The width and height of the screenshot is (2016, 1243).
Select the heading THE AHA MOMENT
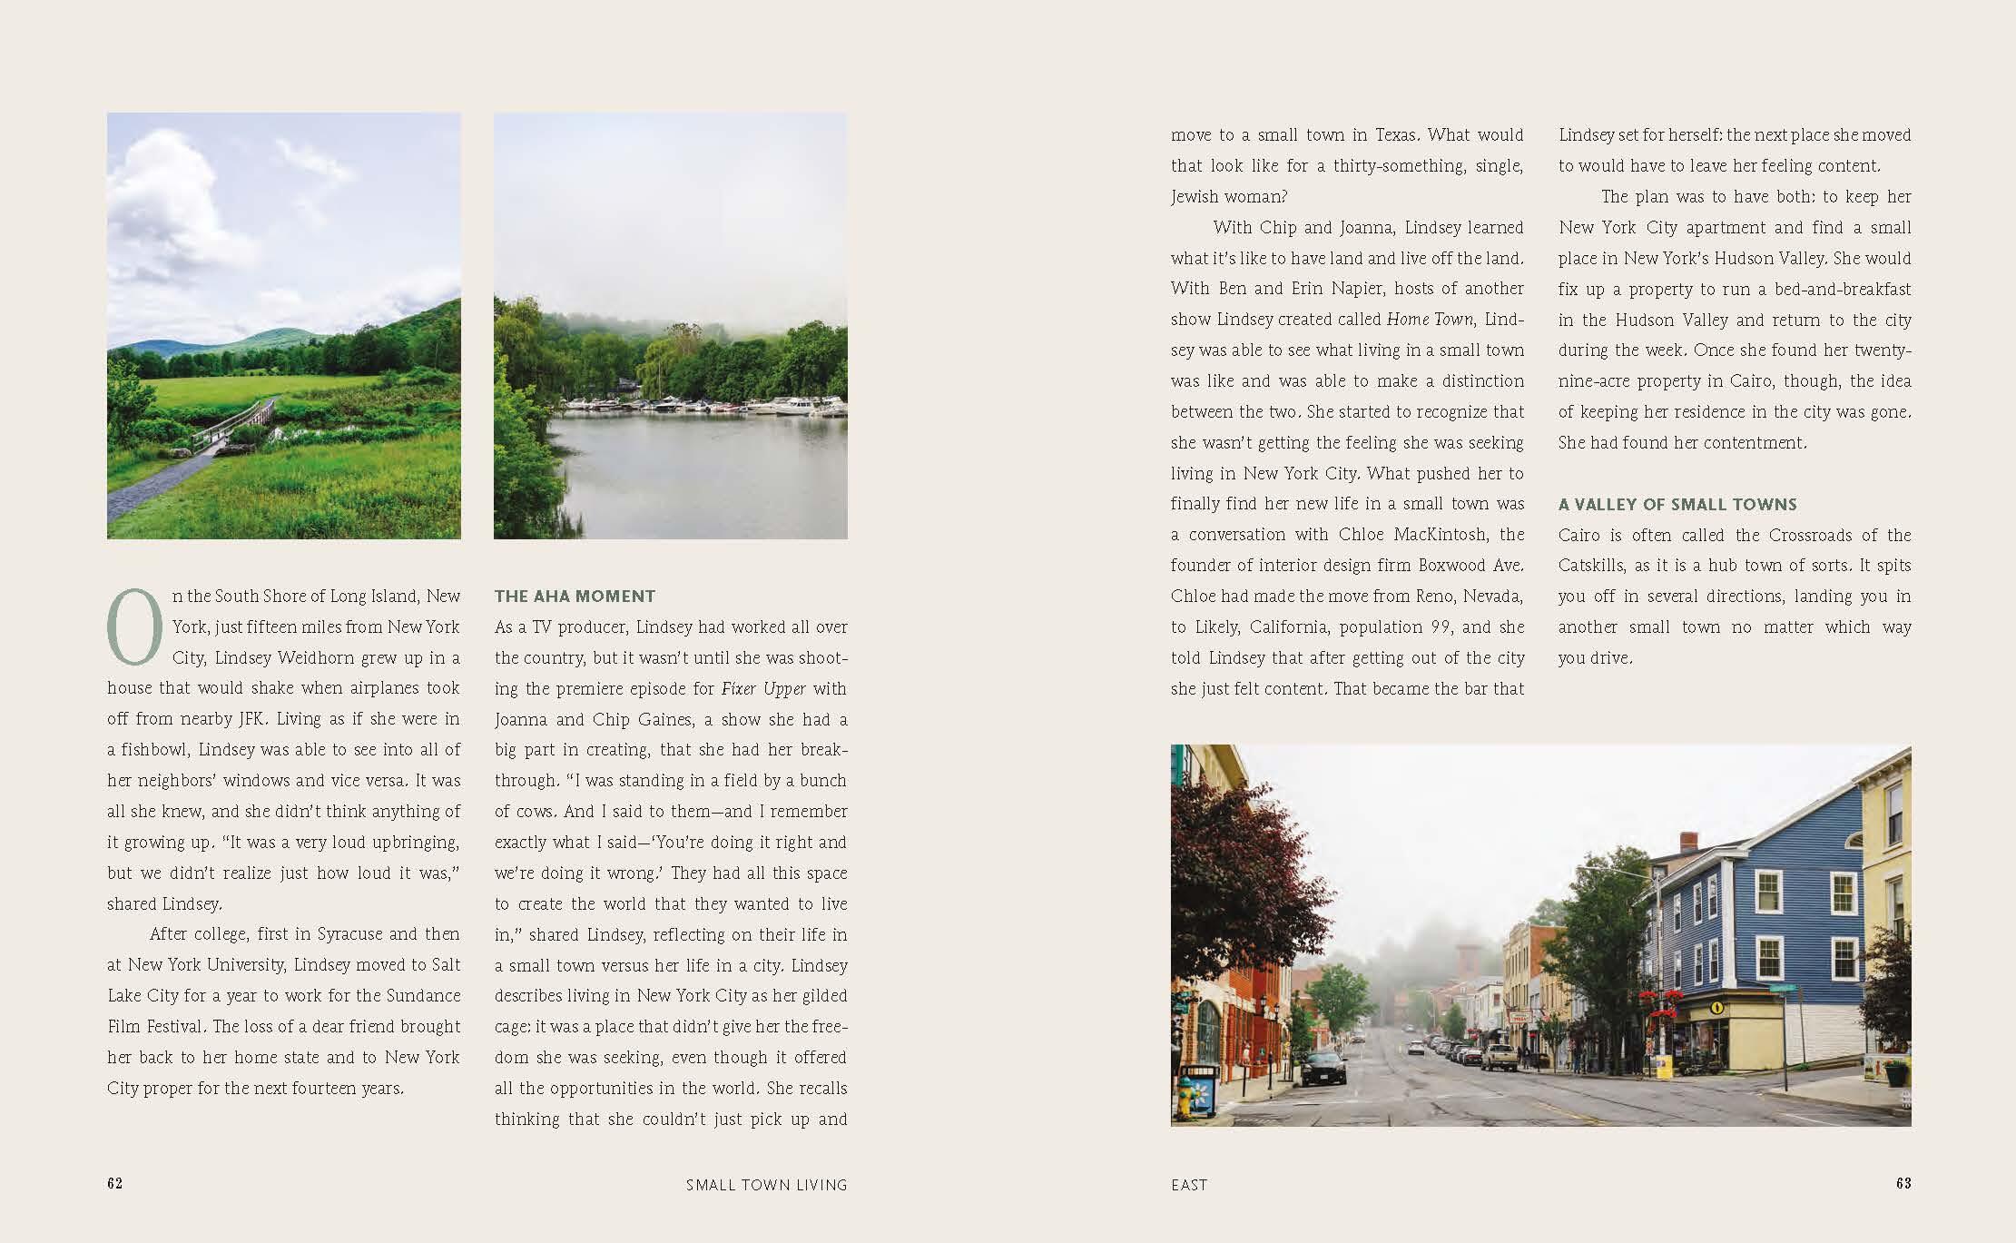575,597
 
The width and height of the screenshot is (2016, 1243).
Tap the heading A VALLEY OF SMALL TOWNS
1677,505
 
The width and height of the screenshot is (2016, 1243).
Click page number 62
114,1183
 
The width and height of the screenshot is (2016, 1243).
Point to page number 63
1903,1183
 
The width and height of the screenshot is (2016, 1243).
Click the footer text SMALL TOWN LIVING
766,1185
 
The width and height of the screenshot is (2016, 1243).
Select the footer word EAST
1189,1185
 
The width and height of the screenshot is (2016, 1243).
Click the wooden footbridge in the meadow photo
234,421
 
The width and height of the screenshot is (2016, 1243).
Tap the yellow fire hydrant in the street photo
1185,1100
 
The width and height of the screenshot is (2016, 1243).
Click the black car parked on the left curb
1323,1068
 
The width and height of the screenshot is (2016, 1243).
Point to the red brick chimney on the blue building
1687,842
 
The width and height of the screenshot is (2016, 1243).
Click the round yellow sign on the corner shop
1716,1007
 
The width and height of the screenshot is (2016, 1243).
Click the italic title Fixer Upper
763,689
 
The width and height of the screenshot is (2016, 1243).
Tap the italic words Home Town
1430,320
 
